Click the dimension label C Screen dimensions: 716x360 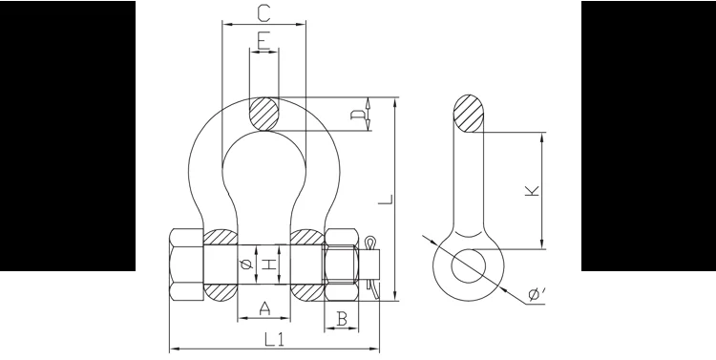pyautogui.click(x=263, y=13)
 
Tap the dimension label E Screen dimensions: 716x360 pyautogui.click(x=263, y=41)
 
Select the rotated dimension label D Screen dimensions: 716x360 pyautogui.click(x=358, y=115)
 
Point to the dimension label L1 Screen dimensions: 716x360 pyautogui.click(x=274, y=339)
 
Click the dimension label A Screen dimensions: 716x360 pyautogui.click(x=264, y=308)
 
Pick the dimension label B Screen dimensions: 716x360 pyautogui.click(x=342, y=319)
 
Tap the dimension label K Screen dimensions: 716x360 pyautogui.click(x=532, y=191)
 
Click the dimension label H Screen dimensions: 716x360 pyautogui.click(x=270, y=265)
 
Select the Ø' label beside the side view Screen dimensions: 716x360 pyautogui.click(x=537, y=294)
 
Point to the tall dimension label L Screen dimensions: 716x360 pyautogui.click(x=386, y=200)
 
